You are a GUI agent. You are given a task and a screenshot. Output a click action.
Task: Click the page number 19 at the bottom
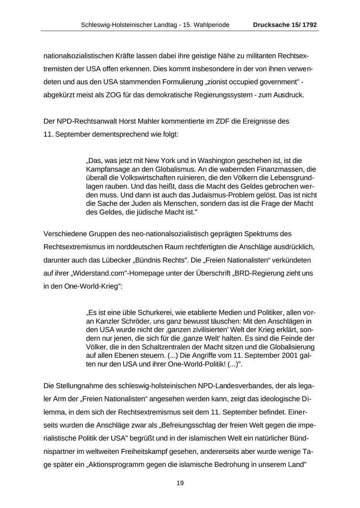pos(180,483)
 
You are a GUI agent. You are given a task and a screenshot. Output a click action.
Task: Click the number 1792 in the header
pos(310,25)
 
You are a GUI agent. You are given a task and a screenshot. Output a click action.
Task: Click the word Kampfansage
pos(105,169)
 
